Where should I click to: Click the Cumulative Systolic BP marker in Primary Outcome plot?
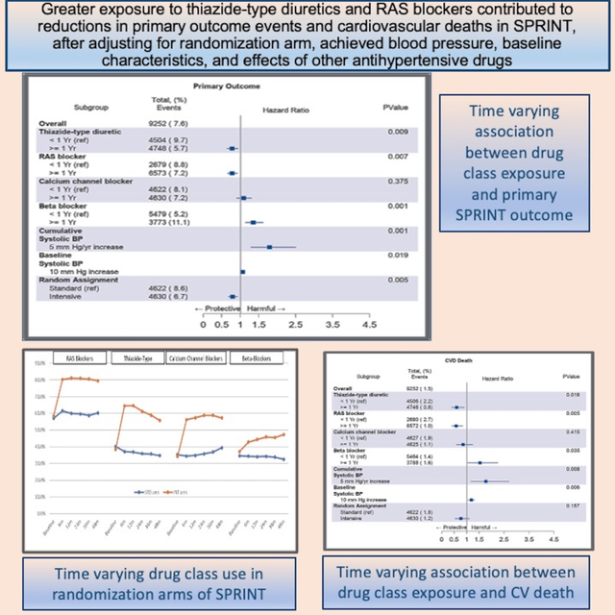pyautogui.click(x=269, y=246)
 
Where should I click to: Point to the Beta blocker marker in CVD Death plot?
pyautogui.click(x=480, y=462)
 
